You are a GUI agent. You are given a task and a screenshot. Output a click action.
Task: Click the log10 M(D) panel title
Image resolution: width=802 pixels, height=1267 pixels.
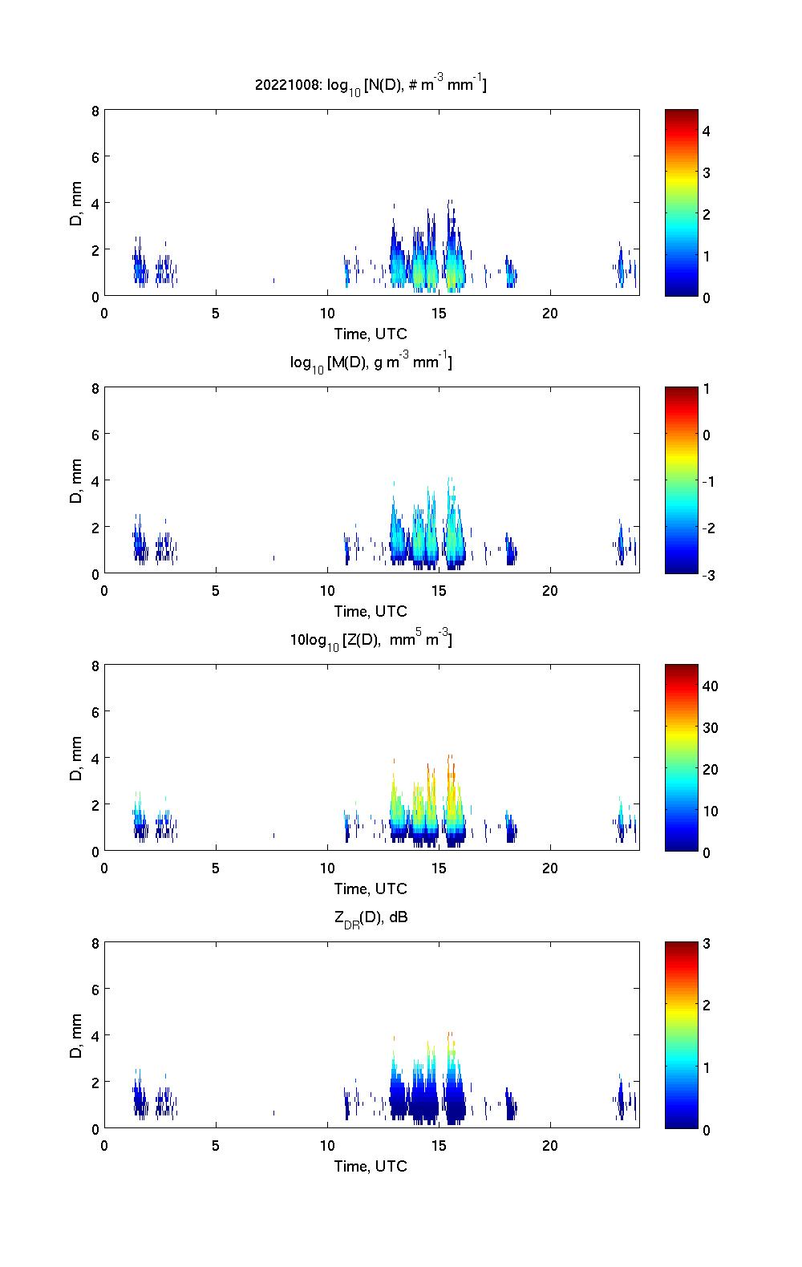coord(371,363)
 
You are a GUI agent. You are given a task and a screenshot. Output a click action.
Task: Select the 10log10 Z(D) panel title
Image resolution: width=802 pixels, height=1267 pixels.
coord(371,640)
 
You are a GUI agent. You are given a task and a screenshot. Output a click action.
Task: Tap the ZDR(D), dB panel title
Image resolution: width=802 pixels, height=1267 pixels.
coord(371,918)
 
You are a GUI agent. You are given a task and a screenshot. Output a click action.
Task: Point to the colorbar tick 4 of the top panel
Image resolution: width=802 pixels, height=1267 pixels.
coord(707,131)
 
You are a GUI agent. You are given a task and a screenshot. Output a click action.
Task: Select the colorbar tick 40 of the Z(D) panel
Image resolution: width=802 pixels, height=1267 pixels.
coord(710,686)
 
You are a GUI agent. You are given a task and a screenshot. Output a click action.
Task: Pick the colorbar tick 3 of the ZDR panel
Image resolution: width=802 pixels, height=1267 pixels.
coord(707,944)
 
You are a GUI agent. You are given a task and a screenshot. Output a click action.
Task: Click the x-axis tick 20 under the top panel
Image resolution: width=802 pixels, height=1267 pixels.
coord(550,314)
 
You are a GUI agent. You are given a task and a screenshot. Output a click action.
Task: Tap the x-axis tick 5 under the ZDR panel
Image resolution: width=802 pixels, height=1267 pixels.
coord(216,1146)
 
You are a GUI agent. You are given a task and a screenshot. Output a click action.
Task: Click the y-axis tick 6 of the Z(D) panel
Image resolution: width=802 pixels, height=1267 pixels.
coord(95,712)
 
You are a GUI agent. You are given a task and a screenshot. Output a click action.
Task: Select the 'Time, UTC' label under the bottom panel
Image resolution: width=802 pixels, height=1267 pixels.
coord(371,1166)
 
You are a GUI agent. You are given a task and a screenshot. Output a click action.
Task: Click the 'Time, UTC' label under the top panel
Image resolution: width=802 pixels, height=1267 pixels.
coord(371,334)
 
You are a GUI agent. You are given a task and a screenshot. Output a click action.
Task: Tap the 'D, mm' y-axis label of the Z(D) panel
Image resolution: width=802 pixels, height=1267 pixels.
coord(76,758)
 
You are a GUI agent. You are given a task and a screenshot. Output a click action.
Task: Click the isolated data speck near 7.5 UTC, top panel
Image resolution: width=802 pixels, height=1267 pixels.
coord(273,281)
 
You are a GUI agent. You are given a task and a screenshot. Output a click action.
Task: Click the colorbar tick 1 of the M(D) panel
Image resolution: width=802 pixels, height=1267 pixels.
coord(707,389)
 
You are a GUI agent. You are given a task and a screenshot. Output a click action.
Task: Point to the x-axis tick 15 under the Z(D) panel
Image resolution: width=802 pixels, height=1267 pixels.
coord(439,868)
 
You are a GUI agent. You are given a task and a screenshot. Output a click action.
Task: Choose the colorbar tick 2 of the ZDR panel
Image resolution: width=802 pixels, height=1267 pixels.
coord(707,1006)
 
